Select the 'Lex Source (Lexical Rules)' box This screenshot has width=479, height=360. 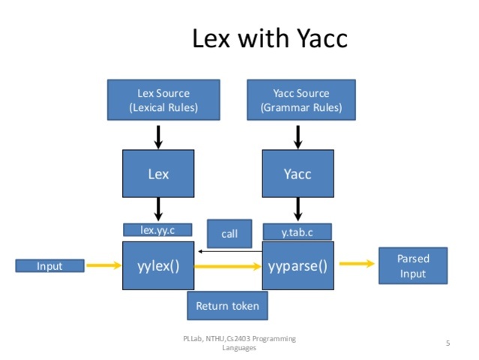(163, 100)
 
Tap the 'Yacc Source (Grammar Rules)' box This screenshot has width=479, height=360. (301, 100)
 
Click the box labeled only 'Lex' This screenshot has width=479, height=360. (158, 173)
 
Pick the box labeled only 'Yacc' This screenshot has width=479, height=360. (297, 173)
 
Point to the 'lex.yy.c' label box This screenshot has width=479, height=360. (157, 229)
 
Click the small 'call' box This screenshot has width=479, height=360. (229, 234)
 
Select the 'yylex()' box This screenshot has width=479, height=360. (158, 265)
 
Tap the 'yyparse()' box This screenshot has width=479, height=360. (297, 265)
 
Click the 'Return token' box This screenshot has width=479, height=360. (227, 305)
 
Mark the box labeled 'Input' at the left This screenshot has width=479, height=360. (49, 265)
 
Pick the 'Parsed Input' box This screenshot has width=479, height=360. (412, 265)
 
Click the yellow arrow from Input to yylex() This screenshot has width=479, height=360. (103, 265)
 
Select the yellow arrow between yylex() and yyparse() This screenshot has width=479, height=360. (228, 265)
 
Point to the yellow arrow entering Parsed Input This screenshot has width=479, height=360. (356, 263)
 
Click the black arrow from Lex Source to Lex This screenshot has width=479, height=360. (158, 136)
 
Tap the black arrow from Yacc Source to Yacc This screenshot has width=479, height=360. (298, 136)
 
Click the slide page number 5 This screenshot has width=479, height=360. (448, 343)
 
